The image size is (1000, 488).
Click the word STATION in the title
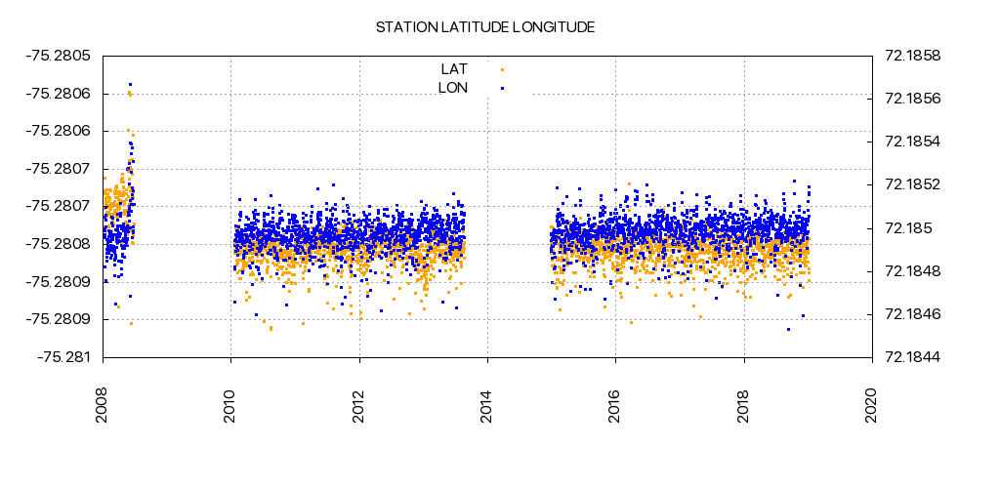[x=403, y=27]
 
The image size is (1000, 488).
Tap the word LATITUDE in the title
[x=471, y=27]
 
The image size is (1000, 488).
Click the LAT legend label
[x=454, y=69]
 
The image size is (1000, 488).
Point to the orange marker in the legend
[x=502, y=69]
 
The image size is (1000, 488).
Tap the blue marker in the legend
[x=502, y=88]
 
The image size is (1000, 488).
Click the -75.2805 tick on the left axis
[x=62, y=56]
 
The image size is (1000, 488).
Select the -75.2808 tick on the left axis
[x=62, y=244]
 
